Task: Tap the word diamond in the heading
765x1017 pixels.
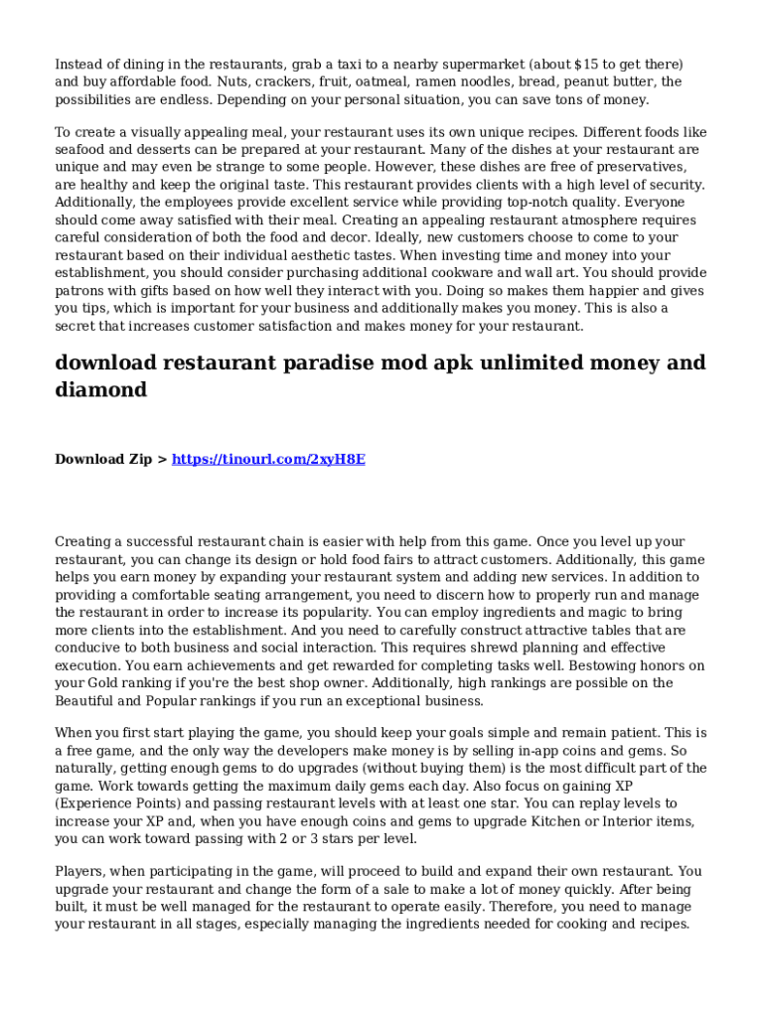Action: click(x=100, y=390)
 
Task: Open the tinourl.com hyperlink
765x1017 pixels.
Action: click(x=268, y=459)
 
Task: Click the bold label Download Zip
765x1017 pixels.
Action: click(x=103, y=459)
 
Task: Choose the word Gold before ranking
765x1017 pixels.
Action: click(x=106, y=683)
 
